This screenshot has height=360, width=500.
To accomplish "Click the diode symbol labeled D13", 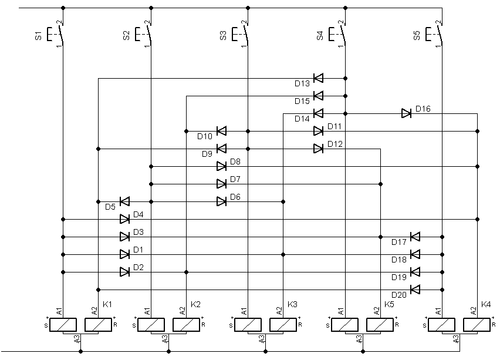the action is click(x=318, y=78).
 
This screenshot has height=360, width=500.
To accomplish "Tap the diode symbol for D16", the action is click(x=406, y=113).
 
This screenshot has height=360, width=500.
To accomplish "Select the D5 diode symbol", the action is click(x=124, y=201).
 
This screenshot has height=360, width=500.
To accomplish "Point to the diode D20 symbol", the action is click(x=415, y=290).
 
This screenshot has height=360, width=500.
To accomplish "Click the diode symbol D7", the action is click(x=222, y=184).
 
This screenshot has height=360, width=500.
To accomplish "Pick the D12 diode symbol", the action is click(x=318, y=149).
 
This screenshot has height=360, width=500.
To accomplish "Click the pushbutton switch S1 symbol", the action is click(x=55, y=34).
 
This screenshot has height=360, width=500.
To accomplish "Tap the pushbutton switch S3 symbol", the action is click(x=240, y=34).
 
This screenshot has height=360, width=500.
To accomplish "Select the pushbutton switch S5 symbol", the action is click(x=434, y=34).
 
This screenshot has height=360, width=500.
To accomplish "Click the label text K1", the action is click(x=107, y=304).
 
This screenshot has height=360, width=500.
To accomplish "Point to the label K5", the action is click(x=389, y=304).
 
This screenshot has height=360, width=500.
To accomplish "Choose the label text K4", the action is click(x=486, y=304).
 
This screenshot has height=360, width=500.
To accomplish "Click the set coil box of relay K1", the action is click(x=63, y=325).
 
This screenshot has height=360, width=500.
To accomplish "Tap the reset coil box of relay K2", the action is click(x=187, y=325).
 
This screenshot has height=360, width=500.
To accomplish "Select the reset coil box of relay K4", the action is click(x=477, y=325).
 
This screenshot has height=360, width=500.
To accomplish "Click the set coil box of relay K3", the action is click(x=248, y=325).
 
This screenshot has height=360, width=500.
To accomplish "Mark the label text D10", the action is click(x=205, y=137).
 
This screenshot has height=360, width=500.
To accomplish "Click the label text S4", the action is click(x=320, y=35).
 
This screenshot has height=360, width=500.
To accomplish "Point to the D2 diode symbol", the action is click(x=124, y=272).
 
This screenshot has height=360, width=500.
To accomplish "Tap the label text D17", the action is click(x=399, y=242).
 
